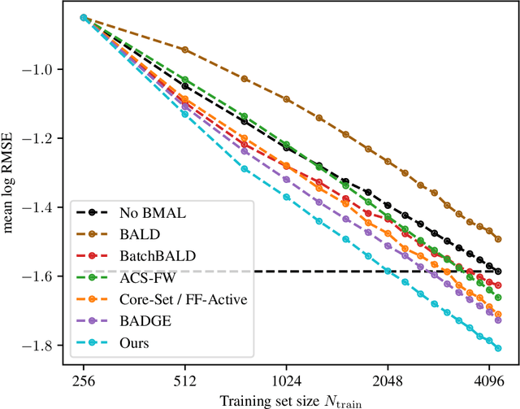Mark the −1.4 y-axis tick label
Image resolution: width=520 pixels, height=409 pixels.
[x=42, y=208]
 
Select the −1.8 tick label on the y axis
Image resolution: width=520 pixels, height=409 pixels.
[x=42, y=346]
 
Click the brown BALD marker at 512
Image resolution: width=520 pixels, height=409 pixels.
[x=185, y=50]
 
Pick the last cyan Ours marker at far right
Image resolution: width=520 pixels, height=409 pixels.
[x=498, y=348]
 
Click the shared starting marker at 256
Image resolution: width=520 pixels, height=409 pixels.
[x=84, y=17]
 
